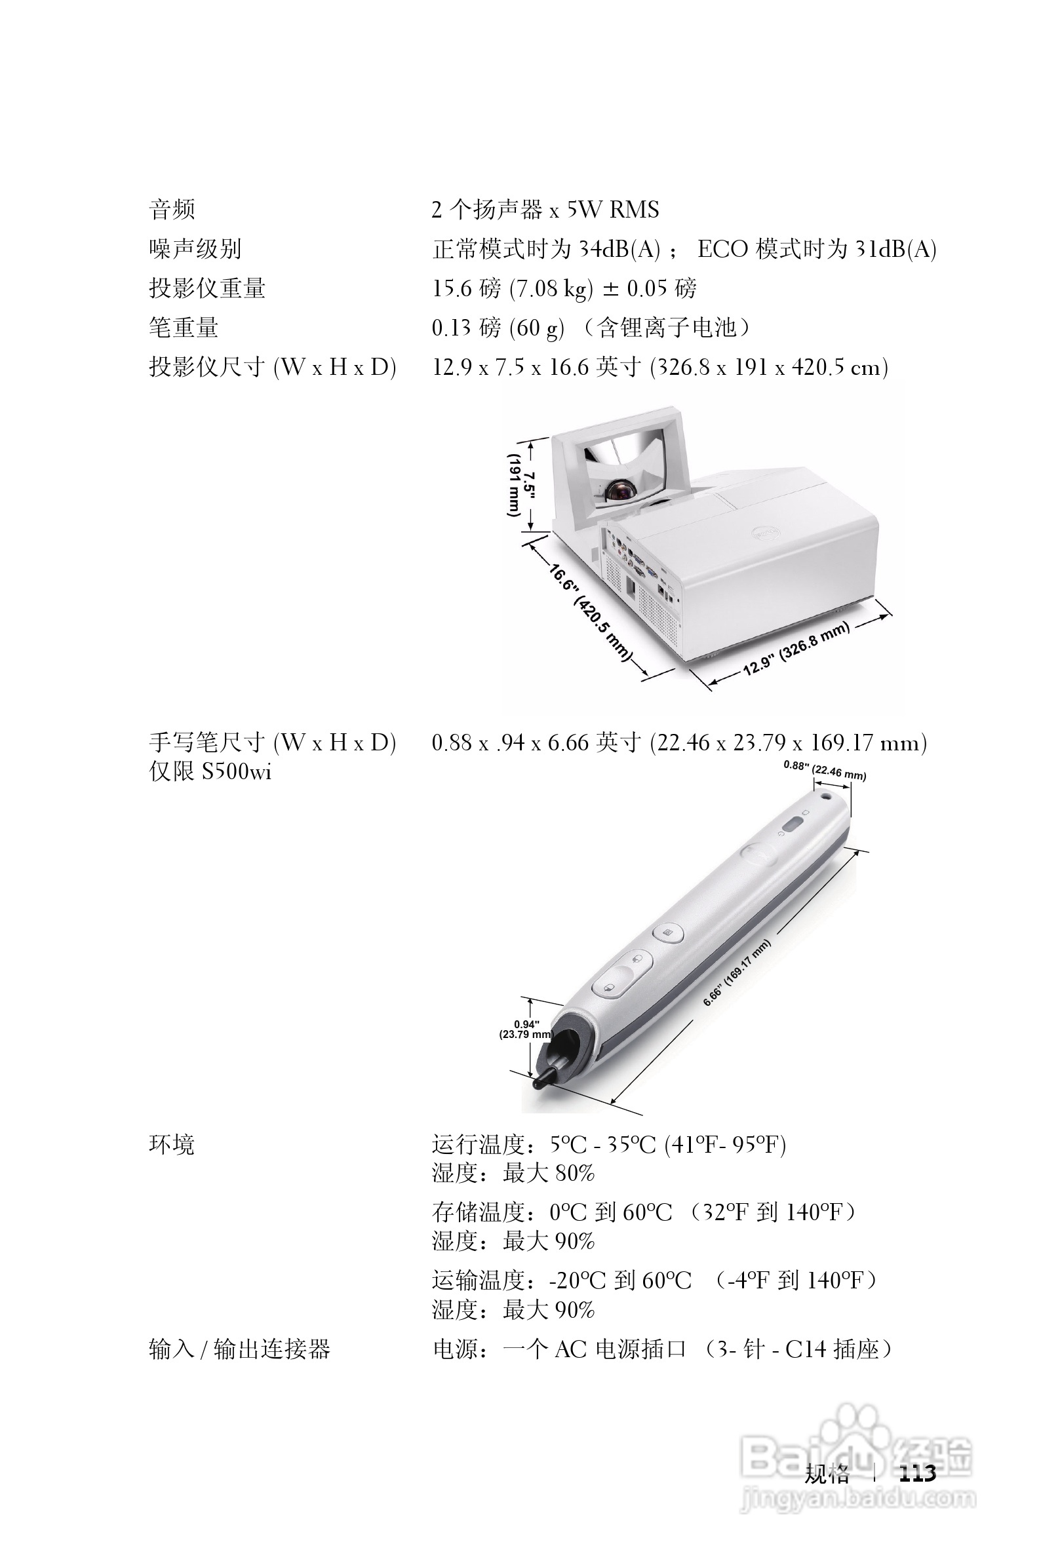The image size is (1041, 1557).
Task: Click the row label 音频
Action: tap(172, 210)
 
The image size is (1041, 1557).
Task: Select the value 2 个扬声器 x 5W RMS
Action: tap(544, 210)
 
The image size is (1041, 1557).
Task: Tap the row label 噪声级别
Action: tap(195, 249)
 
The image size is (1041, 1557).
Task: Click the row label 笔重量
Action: tap(184, 327)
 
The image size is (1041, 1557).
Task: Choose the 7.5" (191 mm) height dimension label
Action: tap(521, 484)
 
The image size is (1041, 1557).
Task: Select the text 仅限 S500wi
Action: tap(210, 772)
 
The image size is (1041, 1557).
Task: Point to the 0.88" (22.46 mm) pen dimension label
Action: tap(824, 770)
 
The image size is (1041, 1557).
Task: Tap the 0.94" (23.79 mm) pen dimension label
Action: tap(526, 1029)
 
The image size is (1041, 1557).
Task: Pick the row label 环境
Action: tap(171, 1145)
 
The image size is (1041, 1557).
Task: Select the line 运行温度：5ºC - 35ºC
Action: tap(608, 1145)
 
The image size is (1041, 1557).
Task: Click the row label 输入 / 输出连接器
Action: tap(239, 1349)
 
